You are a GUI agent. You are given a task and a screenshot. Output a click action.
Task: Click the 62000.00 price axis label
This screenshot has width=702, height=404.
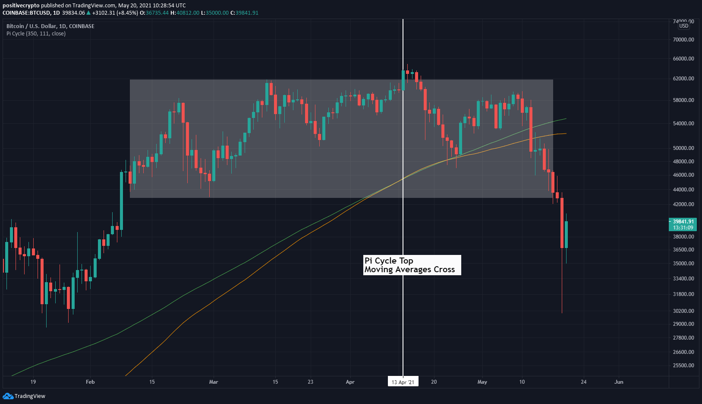click(x=683, y=79)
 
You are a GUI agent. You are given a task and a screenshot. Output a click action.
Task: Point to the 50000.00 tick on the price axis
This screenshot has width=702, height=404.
click(x=683, y=148)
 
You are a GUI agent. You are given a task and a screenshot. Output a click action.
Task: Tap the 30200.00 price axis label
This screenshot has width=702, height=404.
click(x=683, y=311)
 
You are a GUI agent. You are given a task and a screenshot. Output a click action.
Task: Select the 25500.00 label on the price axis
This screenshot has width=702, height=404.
click(x=683, y=366)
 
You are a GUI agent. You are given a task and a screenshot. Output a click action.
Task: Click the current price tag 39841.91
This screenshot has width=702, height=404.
click(x=683, y=222)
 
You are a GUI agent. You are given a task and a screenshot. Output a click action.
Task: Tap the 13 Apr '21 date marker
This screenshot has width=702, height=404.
click(x=403, y=382)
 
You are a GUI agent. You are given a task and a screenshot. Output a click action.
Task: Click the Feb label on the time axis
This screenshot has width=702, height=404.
click(x=90, y=382)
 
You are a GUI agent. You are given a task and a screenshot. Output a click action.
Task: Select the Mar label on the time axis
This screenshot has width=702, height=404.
click(x=214, y=382)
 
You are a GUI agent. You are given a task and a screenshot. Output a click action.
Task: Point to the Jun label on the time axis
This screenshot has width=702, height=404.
click(x=619, y=382)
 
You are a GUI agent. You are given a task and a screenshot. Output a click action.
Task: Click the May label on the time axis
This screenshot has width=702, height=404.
click(x=482, y=382)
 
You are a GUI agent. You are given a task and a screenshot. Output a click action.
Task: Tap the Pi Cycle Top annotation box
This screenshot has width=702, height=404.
click(x=412, y=265)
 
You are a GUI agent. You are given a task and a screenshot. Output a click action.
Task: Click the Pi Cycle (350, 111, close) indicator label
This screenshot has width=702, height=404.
click(x=36, y=34)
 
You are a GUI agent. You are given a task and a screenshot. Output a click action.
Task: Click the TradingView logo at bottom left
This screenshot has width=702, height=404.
click(x=24, y=396)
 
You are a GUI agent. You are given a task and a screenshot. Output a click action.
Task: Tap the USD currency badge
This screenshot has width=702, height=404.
click(x=684, y=26)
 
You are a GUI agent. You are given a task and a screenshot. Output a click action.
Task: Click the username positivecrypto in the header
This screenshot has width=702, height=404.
click(x=21, y=6)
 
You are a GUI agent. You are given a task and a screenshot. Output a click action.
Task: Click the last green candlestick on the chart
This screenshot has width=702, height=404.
click(x=566, y=235)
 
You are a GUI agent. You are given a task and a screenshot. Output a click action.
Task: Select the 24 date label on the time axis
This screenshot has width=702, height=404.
click(x=584, y=382)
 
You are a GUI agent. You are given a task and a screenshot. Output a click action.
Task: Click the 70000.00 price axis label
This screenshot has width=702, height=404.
click(x=683, y=40)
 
